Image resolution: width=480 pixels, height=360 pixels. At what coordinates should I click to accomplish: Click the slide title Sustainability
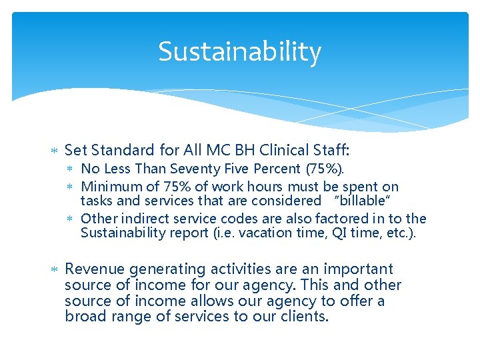click(239, 51)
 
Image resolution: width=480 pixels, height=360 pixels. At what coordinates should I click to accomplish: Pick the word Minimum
click(106, 187)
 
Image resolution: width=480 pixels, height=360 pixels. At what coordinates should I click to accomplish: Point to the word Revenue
click(95, 269)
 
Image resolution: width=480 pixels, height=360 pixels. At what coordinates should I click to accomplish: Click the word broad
click(85, 317)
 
